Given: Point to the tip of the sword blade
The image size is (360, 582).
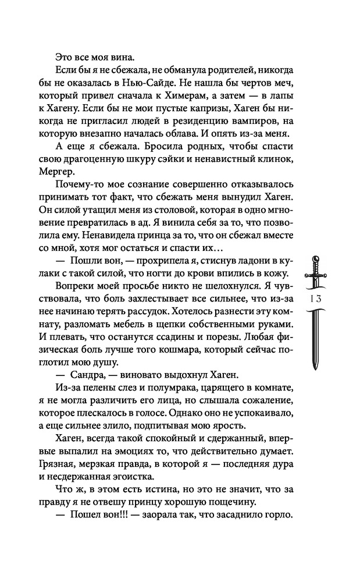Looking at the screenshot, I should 315,369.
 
